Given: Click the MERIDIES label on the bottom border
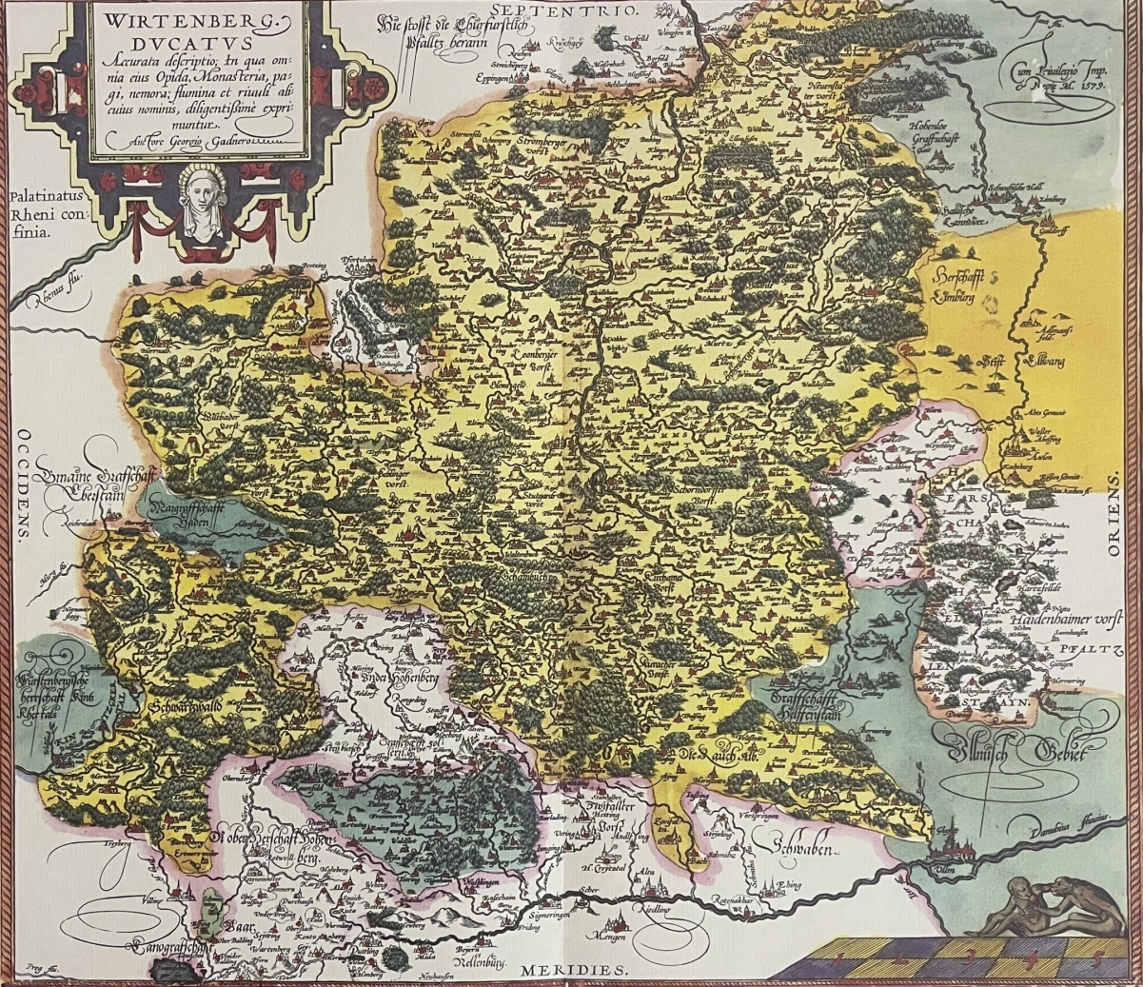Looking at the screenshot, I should (574, 971).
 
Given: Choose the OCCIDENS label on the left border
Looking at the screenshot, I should (19, 486).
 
